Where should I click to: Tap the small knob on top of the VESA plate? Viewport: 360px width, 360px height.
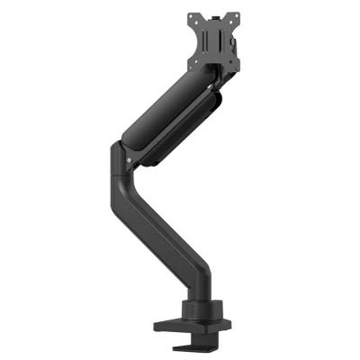coord(218,9)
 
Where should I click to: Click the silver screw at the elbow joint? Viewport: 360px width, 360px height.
coord(130,163)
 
